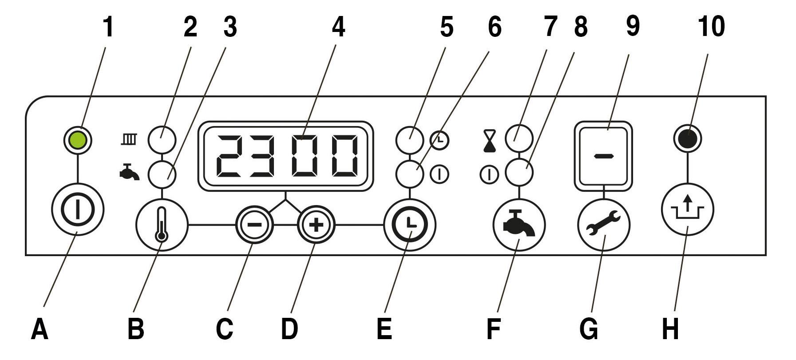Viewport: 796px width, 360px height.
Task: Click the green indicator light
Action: [78, 139]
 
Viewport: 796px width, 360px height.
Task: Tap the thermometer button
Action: [162, 225]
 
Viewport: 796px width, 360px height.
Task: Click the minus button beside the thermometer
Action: [254, 225]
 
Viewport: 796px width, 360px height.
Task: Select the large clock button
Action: [410, 225]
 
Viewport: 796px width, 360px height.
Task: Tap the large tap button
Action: [519, 225]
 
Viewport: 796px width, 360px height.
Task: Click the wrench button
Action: [604, 225]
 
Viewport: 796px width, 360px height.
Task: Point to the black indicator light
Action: [687, 138]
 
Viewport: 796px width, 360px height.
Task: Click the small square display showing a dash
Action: [603, 156]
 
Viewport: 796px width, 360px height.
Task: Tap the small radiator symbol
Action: [129, 140]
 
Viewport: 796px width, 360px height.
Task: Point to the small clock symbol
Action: [440, 140]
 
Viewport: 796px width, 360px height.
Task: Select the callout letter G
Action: [589, 330]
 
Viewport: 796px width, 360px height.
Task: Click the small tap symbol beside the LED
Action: [129, 173]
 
